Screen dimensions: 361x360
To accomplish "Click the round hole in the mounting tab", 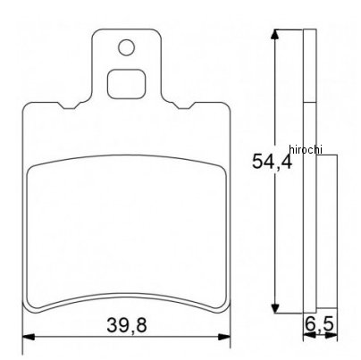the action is click(126, 47).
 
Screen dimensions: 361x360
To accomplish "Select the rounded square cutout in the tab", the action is click(127, 84).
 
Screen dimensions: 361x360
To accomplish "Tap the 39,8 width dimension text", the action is click(127, 325).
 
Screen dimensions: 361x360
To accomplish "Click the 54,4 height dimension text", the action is click(272, 162).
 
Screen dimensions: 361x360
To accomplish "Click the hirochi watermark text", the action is click(306, 149).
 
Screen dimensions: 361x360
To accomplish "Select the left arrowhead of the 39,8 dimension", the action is click(29, 337).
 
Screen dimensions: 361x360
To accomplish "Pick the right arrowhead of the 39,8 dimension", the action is click(224, 337).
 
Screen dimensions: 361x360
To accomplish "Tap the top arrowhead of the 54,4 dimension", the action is click(276, 34).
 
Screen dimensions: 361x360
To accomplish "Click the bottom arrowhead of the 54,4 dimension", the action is click(276, 308).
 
